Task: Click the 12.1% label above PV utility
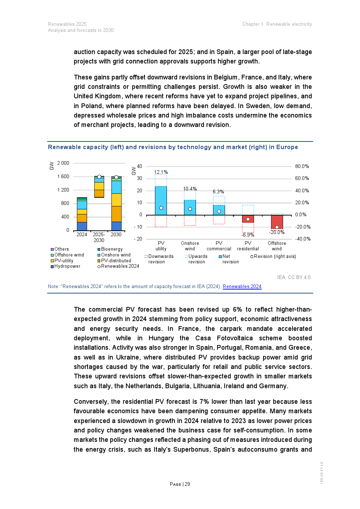(x=161, y=172)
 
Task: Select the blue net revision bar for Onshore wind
(x=190, y=208)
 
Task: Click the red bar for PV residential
(x=248, y=219)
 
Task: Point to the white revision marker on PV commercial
(x=219, y=211)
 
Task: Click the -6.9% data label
(x=248, y=235)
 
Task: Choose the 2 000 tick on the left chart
(x=63, y=163)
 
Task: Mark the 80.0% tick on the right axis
(x=302, y=166)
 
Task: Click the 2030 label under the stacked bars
(x=116, y=234)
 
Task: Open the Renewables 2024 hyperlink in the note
(x=242, y=287)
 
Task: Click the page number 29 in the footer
(x=187, y=484)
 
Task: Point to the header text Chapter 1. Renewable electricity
(x=277, y=24)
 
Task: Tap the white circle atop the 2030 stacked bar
(x=116, y=177)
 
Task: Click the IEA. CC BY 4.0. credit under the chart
(x=294, y=277)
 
